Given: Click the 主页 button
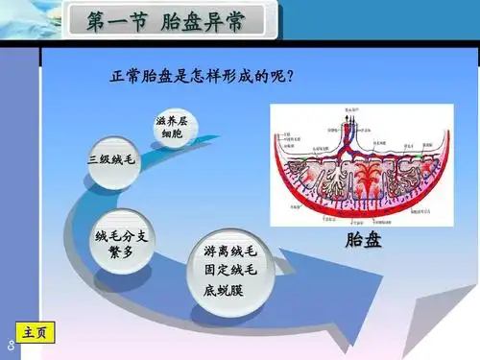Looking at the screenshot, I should coord(35,332).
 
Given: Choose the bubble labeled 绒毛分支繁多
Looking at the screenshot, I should coord(120,241).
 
